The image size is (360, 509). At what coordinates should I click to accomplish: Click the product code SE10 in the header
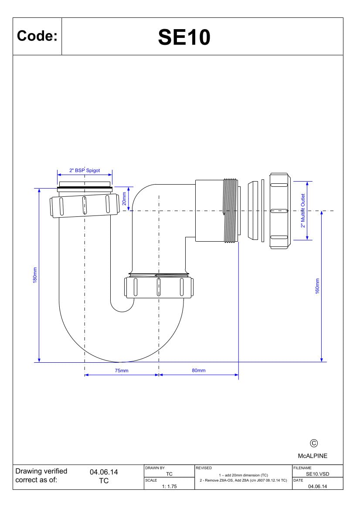184,37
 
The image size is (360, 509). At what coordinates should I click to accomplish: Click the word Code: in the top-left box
37,36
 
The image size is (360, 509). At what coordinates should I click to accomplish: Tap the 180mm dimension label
35,275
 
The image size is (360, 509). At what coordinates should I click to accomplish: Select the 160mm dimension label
317,287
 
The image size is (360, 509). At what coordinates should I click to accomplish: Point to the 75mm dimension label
122,371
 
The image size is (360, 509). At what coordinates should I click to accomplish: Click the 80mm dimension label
198,371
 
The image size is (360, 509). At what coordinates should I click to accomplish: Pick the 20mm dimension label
124,199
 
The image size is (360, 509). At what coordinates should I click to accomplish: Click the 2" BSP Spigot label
85,170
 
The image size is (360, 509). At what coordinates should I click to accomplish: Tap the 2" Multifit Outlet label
303,211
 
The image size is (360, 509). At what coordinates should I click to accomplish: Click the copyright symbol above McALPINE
313,443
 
